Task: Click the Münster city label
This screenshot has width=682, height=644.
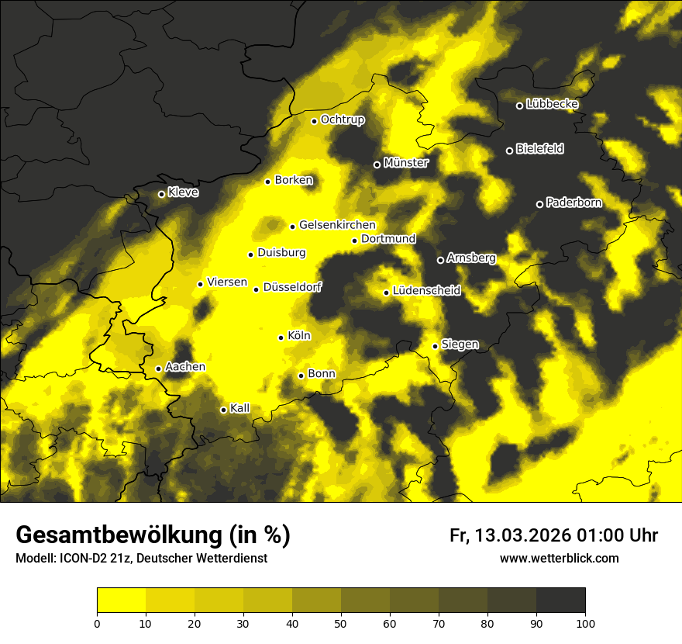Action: click(x=405, y=163)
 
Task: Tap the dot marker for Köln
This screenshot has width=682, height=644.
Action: click(x=281, y=338)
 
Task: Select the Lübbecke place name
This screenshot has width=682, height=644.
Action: click(x=552, y=104)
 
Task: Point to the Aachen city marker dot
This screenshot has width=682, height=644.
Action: click(x=159, y=369)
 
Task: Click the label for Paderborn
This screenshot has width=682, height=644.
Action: click(x=573, y=203)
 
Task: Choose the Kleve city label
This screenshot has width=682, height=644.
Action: click(x=183, y=192)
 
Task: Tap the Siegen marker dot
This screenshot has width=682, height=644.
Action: click(x=436, y=346)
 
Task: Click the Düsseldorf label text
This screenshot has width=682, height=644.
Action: click(x=292, y=287)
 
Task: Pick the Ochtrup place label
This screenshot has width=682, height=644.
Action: click(x=342, y=119)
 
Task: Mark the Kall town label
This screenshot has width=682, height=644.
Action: click(x=239, y=408)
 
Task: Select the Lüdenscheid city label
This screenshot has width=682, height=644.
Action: click(x=426, y=291)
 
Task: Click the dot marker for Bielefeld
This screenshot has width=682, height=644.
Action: click(x=510, y=151)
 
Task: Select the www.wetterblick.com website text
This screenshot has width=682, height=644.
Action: click(x=559, y=558)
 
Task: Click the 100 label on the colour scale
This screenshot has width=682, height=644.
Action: click(x=585, y=622)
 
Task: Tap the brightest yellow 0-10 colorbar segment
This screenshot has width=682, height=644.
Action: click(x=121, y=601)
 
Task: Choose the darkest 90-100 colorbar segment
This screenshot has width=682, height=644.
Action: click(x=560, y=601)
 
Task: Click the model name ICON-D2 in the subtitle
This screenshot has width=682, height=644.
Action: click(x=84, y=558)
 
